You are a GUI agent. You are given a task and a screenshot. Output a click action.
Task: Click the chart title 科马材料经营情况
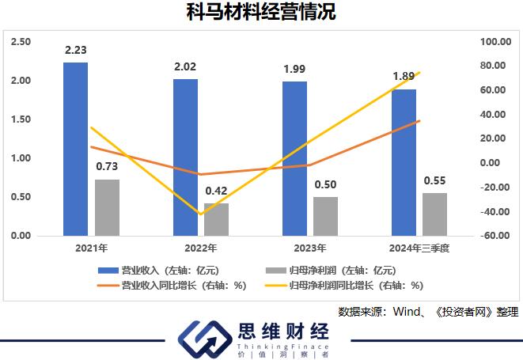click(x=260, y=13)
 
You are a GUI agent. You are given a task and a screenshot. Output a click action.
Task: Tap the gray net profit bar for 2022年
click(x=216, y=219)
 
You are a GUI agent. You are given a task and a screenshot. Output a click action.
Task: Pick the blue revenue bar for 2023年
click(x=294, y=158)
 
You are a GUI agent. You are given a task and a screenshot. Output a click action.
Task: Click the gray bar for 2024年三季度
click(x=434, y=214)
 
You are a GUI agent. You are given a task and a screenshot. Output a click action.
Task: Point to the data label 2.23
click(x=76, y=50)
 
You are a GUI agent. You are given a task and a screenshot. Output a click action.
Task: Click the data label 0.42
click(x=216, y=191)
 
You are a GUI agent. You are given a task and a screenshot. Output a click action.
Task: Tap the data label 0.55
click(x=434, y=180)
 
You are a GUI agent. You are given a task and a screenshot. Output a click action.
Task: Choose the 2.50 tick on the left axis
click(x=21, y=41)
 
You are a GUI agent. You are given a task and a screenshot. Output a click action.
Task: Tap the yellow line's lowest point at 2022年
click(x=201, y=214)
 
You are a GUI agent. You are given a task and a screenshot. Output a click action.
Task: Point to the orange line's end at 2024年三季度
click(x=419, y=121)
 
